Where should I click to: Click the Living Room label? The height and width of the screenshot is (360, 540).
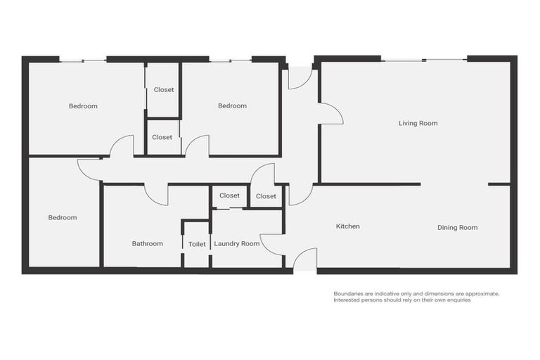pos(418,124)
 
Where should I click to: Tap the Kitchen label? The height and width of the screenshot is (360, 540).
pos(347,226)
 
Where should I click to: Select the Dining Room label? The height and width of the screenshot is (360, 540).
pos(457,228)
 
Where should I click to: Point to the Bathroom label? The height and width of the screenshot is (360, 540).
pos(148,244)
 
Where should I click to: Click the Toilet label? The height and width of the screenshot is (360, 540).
pos(197,245)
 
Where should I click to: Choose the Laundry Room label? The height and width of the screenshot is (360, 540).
pos(237,244)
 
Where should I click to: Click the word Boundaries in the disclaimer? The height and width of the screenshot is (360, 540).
pos(349,294)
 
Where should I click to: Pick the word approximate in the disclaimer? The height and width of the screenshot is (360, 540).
pos(482,294)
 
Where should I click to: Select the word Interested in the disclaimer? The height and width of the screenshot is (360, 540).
pos(349,300)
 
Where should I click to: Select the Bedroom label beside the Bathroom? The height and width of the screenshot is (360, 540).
pos(63,218)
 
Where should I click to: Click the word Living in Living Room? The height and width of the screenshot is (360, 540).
pos(408,124)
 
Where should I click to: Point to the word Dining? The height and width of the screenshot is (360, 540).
pos(448,228)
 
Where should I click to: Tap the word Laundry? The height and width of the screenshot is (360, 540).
pos(228,244)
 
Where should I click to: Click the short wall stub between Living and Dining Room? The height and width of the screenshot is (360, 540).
pos(499,184)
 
